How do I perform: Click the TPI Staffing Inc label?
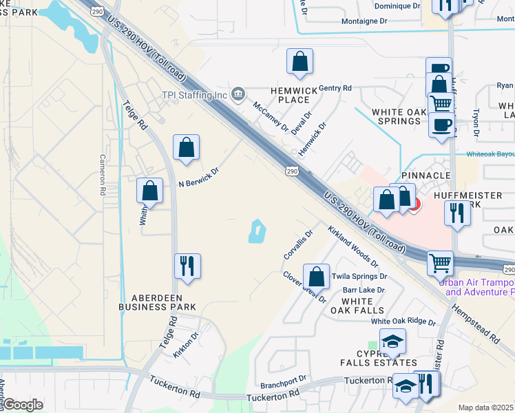click(194, 95)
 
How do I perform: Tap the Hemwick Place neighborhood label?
click(293, 94)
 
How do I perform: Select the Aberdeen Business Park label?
click(157, 301)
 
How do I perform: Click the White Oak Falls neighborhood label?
click(357, 306)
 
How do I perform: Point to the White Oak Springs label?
click(396, 116)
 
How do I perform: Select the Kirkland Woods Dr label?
click(353, 246)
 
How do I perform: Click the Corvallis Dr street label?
click(298, 244)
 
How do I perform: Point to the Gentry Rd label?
click(335, 88)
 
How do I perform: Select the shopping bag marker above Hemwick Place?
click(300, 61)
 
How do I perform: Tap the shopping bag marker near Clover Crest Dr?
click(316, 277)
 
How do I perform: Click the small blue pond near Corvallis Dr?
click(256, 231)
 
